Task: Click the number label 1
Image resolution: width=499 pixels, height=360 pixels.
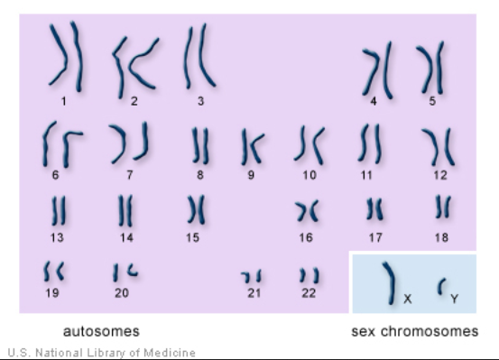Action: pyautogui.click(x=64, y=101)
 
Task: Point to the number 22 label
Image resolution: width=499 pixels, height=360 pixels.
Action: pyautogui.click(x=309, y=291)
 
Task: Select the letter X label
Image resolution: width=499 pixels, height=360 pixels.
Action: pyautogui.click(x=408, y=297)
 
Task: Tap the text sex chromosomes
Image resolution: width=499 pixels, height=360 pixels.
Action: pyautogui.click(x=415, y=331)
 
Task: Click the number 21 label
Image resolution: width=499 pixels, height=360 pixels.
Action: pyautogui.click(x=254, y=292)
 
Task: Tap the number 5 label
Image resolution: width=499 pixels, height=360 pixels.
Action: pyautogui.click(x=432, y=101)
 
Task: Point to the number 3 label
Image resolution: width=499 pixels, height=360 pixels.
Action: pyautogui.click(x=200, y=101)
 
